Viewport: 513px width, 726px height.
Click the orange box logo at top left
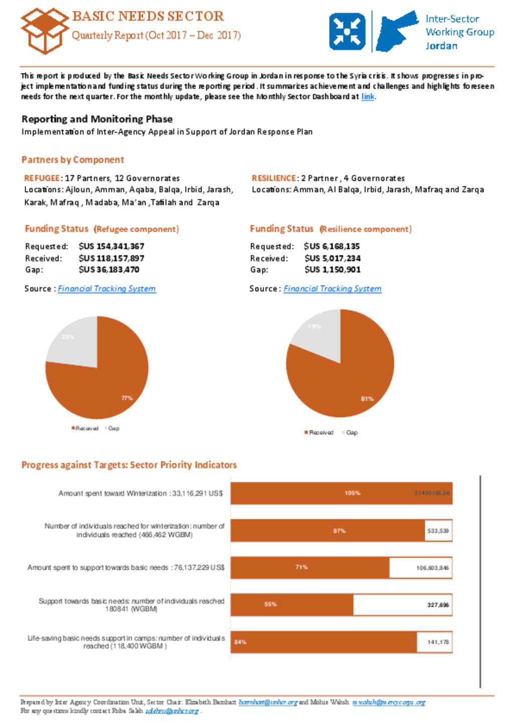click(x=44, y=31)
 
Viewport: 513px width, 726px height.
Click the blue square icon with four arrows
click(x=347, y=32)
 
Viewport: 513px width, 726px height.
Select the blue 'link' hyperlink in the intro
click(x=368, y=97)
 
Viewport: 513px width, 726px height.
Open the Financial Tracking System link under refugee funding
click(x=107, y=289)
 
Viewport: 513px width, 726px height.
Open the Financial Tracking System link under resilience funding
click(x=332, y=289)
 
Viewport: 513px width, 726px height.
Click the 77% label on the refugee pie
click(x=127, y=398)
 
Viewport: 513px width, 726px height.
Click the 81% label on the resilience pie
click(x=367, y=399)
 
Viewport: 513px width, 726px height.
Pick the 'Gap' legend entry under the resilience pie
click(x=351, y=432)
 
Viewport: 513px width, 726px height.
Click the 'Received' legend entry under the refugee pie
click(x=85, y=428)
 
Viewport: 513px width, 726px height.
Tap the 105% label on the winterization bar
click(x=352, y=493)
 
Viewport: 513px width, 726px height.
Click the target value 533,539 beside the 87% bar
click(x=438, y=531)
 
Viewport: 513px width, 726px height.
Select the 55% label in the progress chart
click(x=271, y=604)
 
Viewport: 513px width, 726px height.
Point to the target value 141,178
click(x=438, y=642)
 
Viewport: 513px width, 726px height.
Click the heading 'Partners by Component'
click(x=73, y=160)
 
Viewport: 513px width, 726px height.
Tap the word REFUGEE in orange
click(x=42, y=178)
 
